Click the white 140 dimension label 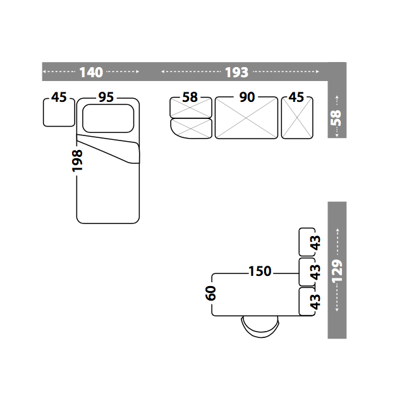[x=91, y=72]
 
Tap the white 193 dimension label [x=236, y=72]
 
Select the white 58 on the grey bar [x=336, y=117]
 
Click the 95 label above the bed [x=106, y=97]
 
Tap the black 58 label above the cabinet [x=190, y=97]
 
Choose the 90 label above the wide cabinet [x=247, y=97]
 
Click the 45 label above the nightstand [x=59, y=97]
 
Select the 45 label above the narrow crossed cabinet [x=296, y=97]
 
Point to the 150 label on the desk [x=260, y=272]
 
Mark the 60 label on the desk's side [x=211, y=292]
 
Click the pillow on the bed [x=108, y=118]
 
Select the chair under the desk [x=260, y=327]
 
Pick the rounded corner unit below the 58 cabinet [x=191, y=129]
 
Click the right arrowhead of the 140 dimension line [x=137, y=72]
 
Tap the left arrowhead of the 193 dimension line [x=164, y=72]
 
